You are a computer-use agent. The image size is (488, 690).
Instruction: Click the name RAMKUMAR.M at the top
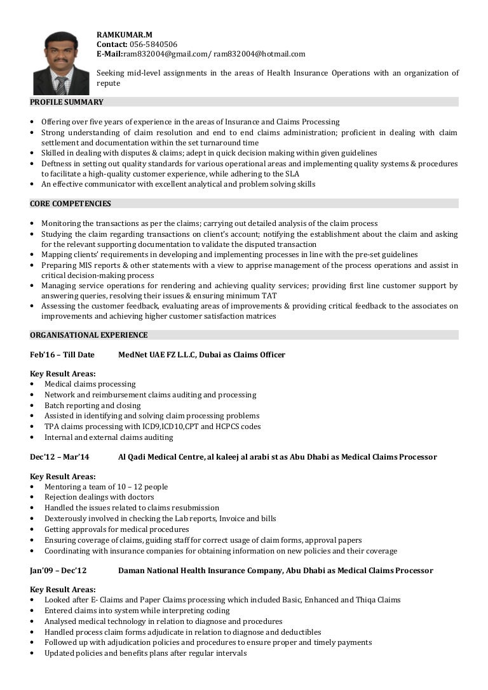click(x=125, y=34)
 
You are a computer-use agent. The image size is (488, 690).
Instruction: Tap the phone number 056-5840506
click(x=153, y=44)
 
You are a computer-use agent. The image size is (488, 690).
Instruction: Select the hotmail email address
click(x=259, y=54)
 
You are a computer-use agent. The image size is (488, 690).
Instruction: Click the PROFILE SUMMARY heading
click(x=67, y=102)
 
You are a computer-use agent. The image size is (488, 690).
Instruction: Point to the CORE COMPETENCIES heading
click(x=71, y=204)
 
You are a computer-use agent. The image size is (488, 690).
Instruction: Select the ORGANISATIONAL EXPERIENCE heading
click(x=89, y=335)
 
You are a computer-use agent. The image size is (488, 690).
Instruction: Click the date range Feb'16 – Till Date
click(x=62, y=355)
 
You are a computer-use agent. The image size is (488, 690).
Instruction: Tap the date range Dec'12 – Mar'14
click(x=60, y=457)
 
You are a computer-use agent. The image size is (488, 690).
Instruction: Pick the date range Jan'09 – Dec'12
click(x=58, y=571)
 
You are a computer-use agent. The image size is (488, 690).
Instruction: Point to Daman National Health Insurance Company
click(x=200, y=571)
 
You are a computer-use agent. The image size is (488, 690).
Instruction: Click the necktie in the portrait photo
click(x=61, y=84)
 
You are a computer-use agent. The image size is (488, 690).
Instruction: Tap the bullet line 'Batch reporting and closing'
click(x=93, y=406)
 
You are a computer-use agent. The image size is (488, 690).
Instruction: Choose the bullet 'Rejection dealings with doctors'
click(x=99, y=497)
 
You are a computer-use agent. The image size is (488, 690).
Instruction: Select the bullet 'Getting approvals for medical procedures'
click(x=117, y=529)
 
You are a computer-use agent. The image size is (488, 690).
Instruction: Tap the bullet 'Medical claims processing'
click(x=90, y=384)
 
